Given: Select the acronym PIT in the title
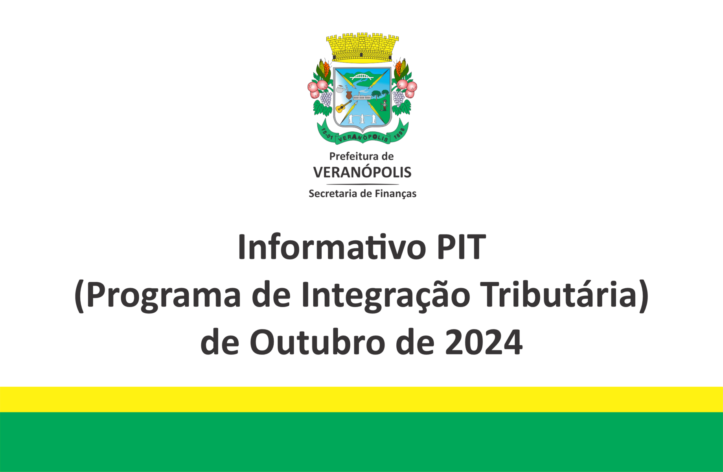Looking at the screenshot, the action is pos(462,247).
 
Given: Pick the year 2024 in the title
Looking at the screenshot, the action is pos(484,342).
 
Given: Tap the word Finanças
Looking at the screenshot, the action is pos(396,194).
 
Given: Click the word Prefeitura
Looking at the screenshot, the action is pos(351,156).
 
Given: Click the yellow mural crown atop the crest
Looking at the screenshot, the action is pos(362,48).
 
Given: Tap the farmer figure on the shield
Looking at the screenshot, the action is pos(384,105).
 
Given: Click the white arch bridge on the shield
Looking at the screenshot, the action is pos(362,76).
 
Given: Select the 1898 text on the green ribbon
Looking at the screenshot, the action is pos(399,133).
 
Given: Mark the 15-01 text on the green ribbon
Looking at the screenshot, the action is pos(327,134).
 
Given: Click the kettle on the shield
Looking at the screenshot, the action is pos(340,89).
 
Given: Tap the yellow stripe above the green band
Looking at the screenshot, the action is pos(361,399).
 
